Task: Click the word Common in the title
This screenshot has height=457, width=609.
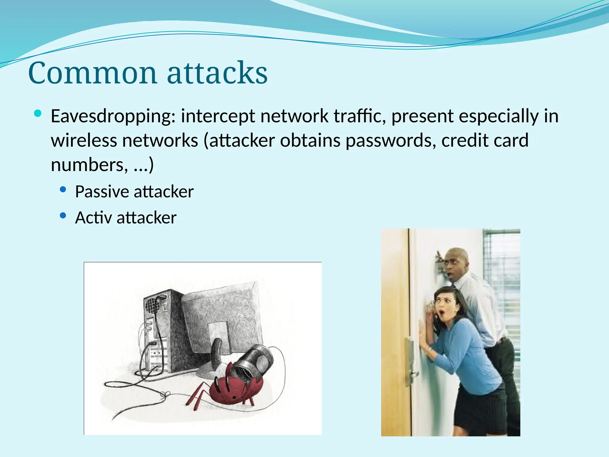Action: pyautogui.click(x=92, y=73)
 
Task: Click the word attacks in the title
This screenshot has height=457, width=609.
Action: pyautogui.click(x=217, y=73)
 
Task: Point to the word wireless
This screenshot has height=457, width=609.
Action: pyautogui.click(x=84, y=140)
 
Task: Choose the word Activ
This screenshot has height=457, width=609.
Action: pyautogui.click(x=93, y=217)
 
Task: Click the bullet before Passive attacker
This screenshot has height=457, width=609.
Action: pyautogui.click(x=63, y=190)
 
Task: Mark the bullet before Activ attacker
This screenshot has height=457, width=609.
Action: pyautogui.click(x=63, y=215)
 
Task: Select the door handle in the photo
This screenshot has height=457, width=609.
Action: pyautogui.click(x=414, y=373)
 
